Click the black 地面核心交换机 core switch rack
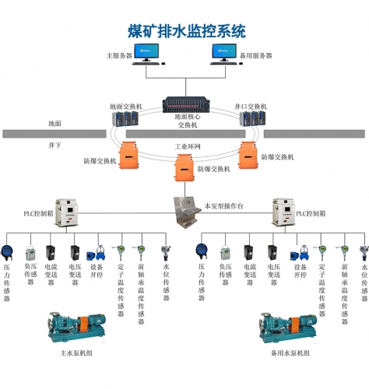184,105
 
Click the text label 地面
54,124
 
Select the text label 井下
54,145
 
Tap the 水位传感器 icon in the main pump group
165,251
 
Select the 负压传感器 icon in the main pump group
30,253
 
